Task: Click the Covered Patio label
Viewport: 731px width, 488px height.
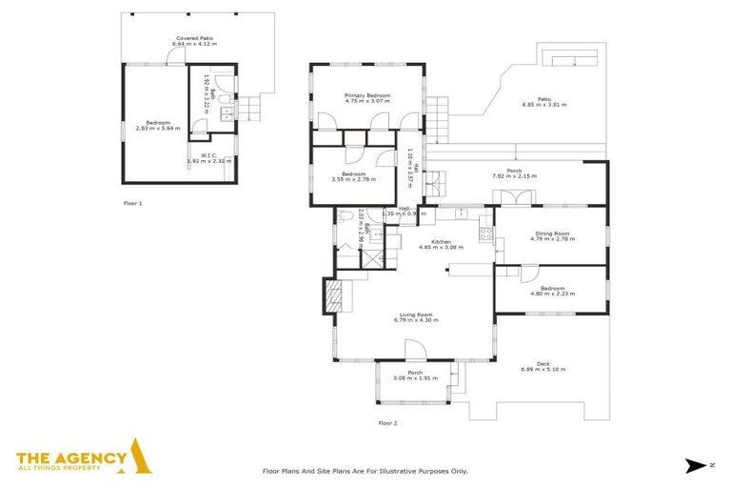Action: coord(192,38)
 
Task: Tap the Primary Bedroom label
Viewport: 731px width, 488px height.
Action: coord(366,95)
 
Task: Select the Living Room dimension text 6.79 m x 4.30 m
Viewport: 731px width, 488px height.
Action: coord(415,320)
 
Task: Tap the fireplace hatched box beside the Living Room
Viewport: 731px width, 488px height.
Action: coord(332,295)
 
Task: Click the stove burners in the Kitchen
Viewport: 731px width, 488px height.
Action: coord(484,232)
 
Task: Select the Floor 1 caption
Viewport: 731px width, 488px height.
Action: coord(133,203)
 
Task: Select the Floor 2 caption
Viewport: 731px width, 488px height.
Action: coord(387,422)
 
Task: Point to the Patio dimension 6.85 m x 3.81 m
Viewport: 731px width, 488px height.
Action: coord(543,105)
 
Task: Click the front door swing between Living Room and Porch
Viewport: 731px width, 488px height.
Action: coord(424,355)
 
